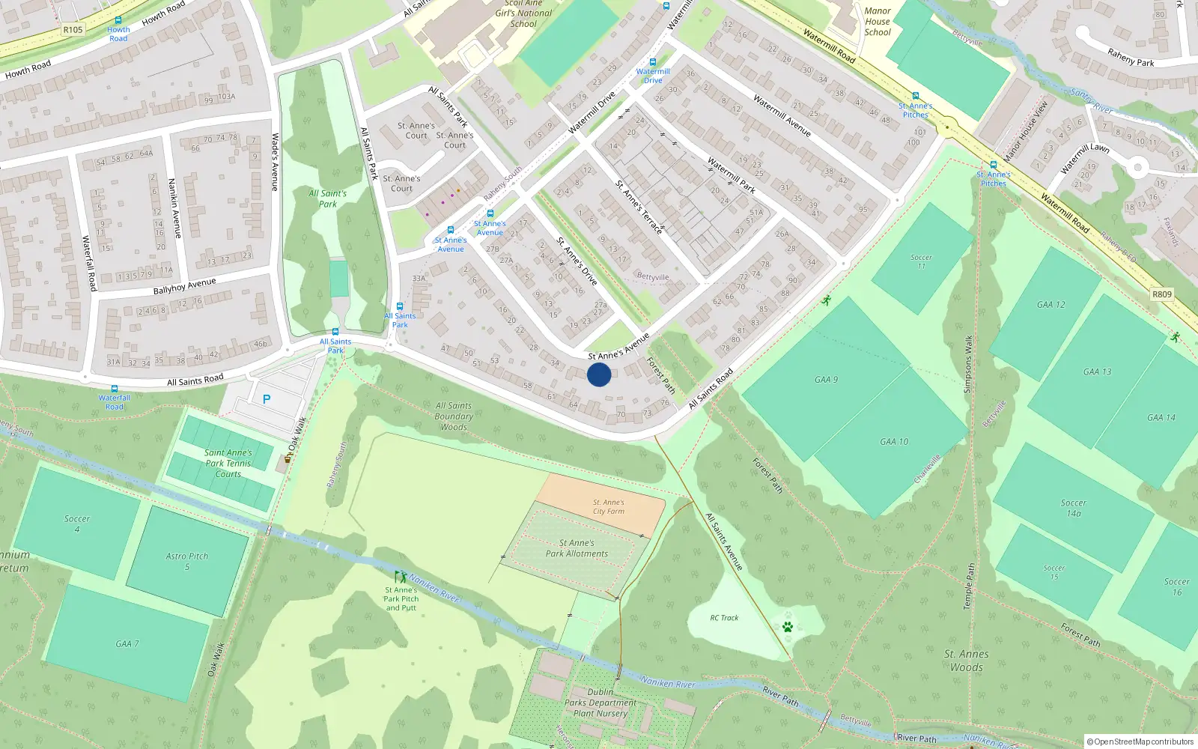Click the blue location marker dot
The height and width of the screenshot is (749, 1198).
coord(599,374)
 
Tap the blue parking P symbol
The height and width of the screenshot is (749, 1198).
coord(267,400)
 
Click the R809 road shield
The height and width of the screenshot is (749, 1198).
coord(1161,294)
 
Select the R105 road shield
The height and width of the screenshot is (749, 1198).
coord(73,30)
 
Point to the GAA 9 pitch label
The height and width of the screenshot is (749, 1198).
coord(826,380)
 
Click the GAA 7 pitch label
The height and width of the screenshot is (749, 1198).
coord(127,644)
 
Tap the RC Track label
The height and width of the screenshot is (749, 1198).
coord(724,618)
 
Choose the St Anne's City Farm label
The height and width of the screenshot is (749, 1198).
coord(608,507)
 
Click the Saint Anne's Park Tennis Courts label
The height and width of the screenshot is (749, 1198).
coord(228,463)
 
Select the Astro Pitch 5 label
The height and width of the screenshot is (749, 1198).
coord(187,561)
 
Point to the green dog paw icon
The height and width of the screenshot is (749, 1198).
coord(787,627)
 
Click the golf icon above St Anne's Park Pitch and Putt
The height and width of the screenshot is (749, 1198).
coord(401,577)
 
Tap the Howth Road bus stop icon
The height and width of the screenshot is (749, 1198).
coord(118,21)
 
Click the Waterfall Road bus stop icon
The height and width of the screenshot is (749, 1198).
coord(114,389)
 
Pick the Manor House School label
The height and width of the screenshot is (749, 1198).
coord(878,22)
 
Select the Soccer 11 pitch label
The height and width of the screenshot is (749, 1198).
coord(921,261)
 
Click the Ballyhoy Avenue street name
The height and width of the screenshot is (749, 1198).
coord(184,286)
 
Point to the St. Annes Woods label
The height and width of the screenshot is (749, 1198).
coord(966,661)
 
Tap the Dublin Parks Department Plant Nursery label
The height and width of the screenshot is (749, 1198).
coord(600,703)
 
